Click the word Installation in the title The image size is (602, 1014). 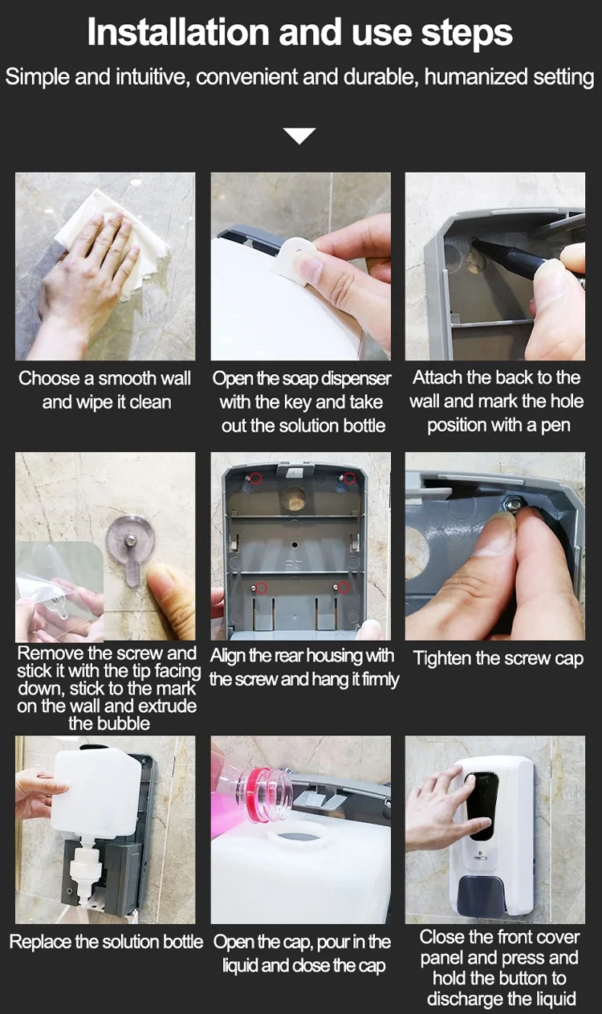[x=178, y=33]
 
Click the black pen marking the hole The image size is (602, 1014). [x=508, y=256]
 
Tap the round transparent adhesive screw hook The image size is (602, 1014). [x=131, y=547]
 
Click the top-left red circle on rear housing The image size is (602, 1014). [x=255, y=478]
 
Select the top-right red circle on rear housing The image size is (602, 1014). [x=349, y=478]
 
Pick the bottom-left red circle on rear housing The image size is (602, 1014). [x=261, y=588]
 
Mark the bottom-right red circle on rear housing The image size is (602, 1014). [x=344, y=588]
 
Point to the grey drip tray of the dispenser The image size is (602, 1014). [x=481, y=895]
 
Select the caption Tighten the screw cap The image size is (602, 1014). [x=498, y=658]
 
